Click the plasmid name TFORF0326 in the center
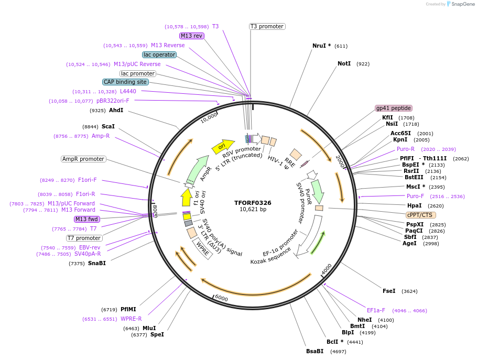(253, 203)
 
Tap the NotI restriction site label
(344, 64)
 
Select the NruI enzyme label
(321, 46)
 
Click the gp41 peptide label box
(393, 108)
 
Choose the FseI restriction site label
(389, 291)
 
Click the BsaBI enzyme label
(315, 351)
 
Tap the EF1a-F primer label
(376, 310)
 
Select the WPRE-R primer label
(131, 319)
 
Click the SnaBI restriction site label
(97, 263)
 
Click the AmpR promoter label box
(83, 159)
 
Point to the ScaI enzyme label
(108, 126)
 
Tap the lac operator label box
(159, 54)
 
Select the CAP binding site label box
(125, 82)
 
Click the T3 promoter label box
(267, 26)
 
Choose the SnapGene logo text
(462, 4)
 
